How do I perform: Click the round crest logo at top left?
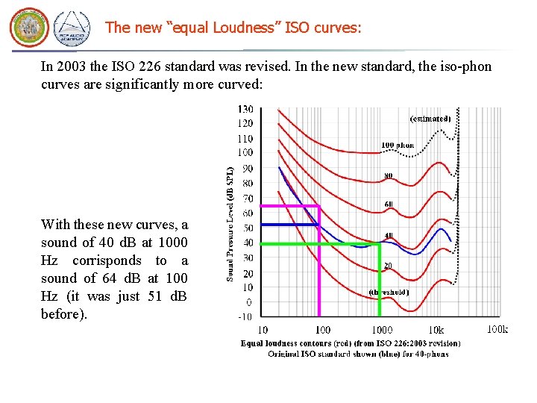[x=28, y=28]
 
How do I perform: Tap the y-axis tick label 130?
[x=245, y=109]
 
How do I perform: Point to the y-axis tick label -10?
[x=245, y=316]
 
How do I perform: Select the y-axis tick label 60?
[x=247, y=213]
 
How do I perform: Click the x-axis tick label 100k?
[x=497, y=330]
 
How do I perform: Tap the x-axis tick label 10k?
[x=435, y=330]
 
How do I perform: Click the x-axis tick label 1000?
[x=382, y=330]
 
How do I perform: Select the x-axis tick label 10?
[x=263, y=330]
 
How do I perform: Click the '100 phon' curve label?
[x=398, y=146]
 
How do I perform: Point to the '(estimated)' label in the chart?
[x=430, y=119]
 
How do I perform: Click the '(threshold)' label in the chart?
[x=389, y=292]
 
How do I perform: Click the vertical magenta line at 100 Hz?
[x=319, y=276]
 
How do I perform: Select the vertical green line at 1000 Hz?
[x=380, y=284]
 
